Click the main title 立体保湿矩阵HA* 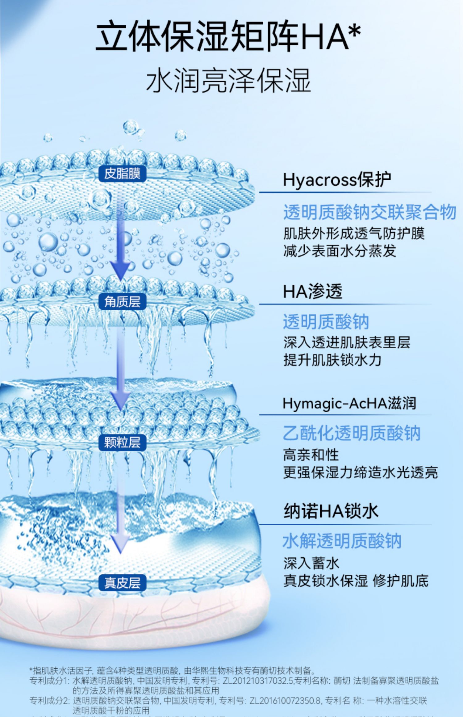tap(228, 36)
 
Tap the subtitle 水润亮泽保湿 tap(228, 81)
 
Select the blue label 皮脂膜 tap(122, 174)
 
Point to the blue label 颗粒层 tap(122, 442)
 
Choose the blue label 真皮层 tap(122, 583)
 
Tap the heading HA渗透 tap(313, 291)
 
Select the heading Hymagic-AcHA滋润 tap(349, 403)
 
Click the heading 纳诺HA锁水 tap(331, 511)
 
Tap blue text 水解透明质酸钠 tap(342, 541)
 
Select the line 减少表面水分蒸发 tap(340, 251)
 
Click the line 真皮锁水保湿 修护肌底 tap(356, 581)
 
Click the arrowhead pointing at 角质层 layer tap(122, 272)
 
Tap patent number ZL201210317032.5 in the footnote tap(258, 681)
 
